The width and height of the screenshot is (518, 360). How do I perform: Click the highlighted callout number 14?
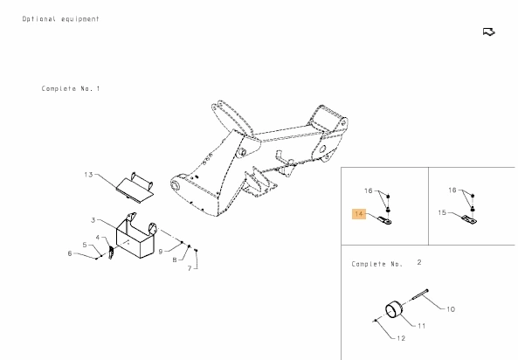pyautogui.click(x=359, y=214)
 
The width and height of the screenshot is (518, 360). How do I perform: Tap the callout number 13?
pyautogui.click(x=88, y=175)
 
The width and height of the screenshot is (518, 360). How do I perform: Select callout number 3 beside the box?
pyautogui.click(x=93, y=220)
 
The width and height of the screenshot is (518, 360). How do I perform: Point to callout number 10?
pyautogui.click(x=451, y=309)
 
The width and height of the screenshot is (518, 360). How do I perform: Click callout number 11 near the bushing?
pyautogui.click(x=422, y=326)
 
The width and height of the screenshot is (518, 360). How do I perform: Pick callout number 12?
pyautogui.click(x=401, y=338)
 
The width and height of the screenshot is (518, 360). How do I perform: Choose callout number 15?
pyautogui.click(x=442, y=212)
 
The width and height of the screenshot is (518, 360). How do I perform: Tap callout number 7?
pyautogui.click(x=190, y=268)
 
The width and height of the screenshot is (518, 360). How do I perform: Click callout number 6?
pyautogui.click(x=70, y=253)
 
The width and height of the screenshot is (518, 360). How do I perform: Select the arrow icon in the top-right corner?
pyautogui.click(x=489, y=32)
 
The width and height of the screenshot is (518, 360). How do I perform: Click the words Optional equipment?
pyautogui.click(x=61, y=19)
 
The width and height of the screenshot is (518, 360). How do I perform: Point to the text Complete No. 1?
pyautogui.click(x=71, y=88)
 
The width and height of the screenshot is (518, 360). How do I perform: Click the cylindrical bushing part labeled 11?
pyautogui.click(x=395, y=310)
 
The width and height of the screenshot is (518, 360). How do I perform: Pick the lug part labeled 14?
pyautogui.click(x=385, y=220)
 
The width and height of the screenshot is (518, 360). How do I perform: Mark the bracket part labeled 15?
pyautogui.click(x=469, y=219)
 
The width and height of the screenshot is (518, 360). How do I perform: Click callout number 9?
pyautogui.click(x=161, y=252)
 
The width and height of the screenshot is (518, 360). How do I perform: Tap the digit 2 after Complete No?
pyautogui.click(x=419, y=262)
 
